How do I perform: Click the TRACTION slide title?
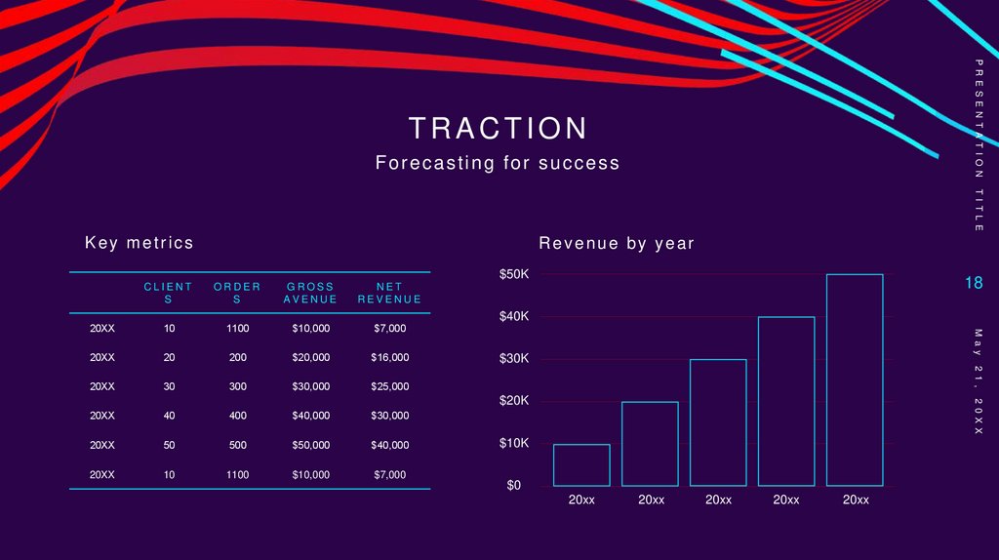499,128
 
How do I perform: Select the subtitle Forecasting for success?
498,163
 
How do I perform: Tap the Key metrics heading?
140,243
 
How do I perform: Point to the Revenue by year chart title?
617,244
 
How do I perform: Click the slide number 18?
973,283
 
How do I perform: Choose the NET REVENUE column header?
389,293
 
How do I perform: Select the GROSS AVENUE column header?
310,293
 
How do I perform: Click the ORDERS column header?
237,293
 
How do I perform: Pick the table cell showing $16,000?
389,358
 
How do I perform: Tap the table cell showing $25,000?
389,387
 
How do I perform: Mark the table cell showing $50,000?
310,446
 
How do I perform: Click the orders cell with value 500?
237,446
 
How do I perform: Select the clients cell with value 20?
169,358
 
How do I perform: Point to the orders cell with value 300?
237,387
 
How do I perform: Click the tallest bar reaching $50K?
855,380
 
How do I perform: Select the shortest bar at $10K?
581,465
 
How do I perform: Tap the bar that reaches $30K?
718,422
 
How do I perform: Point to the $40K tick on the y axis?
514,317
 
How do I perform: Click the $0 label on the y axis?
513,486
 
